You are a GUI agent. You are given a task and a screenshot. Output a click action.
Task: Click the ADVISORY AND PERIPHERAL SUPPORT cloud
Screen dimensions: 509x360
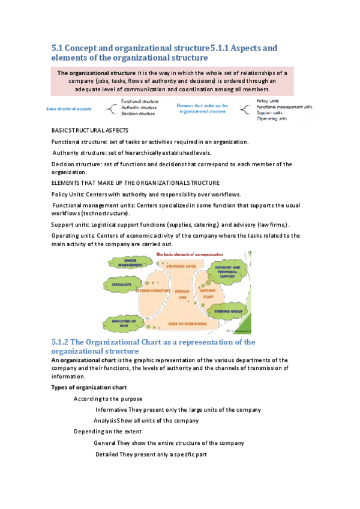(x=227, y=270)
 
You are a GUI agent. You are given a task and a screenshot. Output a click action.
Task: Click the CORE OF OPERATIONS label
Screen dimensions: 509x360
(x=180, y=324)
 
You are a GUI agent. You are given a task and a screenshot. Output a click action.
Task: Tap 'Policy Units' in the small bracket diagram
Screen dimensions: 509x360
(x=268, y=101)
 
